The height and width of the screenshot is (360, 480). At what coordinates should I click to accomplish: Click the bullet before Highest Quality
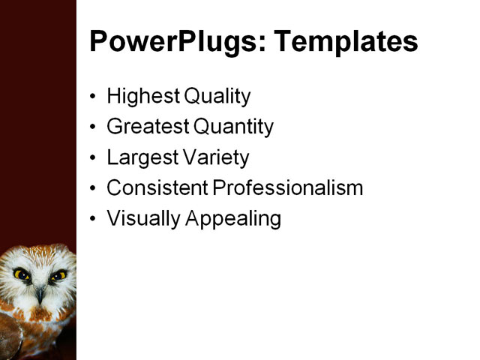point(93,97)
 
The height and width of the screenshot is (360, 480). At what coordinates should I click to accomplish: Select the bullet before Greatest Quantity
point(93,127)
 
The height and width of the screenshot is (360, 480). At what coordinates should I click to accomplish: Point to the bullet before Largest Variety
point(93,158)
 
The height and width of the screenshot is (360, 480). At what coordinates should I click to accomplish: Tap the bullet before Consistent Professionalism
point(93,188)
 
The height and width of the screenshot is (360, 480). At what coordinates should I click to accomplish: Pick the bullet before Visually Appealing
point(93,219)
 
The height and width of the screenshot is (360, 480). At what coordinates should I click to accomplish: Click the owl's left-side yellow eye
point(20,274)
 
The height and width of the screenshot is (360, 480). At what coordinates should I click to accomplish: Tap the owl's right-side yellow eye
point(57,276)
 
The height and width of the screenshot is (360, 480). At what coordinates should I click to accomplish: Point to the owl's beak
point(39,294)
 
